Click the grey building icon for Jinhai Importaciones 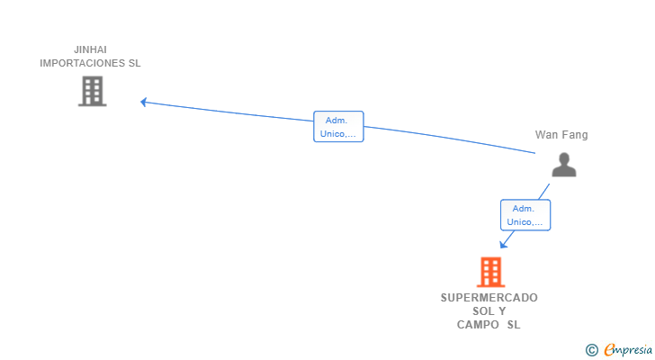92,91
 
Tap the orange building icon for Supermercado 490,272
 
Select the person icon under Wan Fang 563,166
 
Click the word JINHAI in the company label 91,49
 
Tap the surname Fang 575,135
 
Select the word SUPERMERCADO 489,297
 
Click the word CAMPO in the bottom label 478,325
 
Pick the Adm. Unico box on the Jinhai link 338,127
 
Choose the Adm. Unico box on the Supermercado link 525,215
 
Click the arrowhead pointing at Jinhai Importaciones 143,102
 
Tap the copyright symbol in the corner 591,350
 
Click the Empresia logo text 629,350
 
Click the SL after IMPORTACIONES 134,64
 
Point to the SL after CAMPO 513,325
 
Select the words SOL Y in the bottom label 489,310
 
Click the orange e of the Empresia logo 609,350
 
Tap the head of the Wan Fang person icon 563,158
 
